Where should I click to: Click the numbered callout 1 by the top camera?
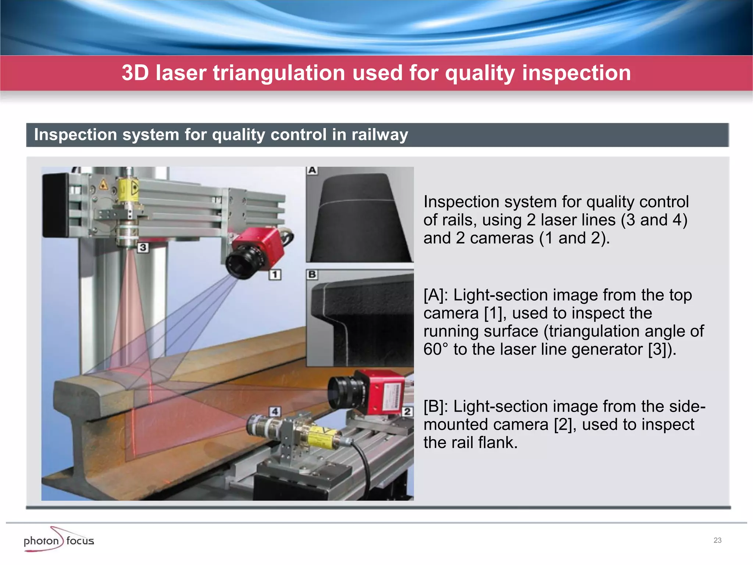[275, 274]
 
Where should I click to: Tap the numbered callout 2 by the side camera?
[407, 411]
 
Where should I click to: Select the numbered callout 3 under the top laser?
[143, 247]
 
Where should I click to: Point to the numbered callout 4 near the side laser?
[275, 411]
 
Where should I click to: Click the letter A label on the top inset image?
[312, 170]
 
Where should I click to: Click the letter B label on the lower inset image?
[312, 274]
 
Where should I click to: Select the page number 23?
[717, 540]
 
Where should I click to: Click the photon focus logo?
[59, 540]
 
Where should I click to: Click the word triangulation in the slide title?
[279, 73]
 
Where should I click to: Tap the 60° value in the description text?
[436, 349]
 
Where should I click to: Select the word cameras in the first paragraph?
[502, 238]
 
